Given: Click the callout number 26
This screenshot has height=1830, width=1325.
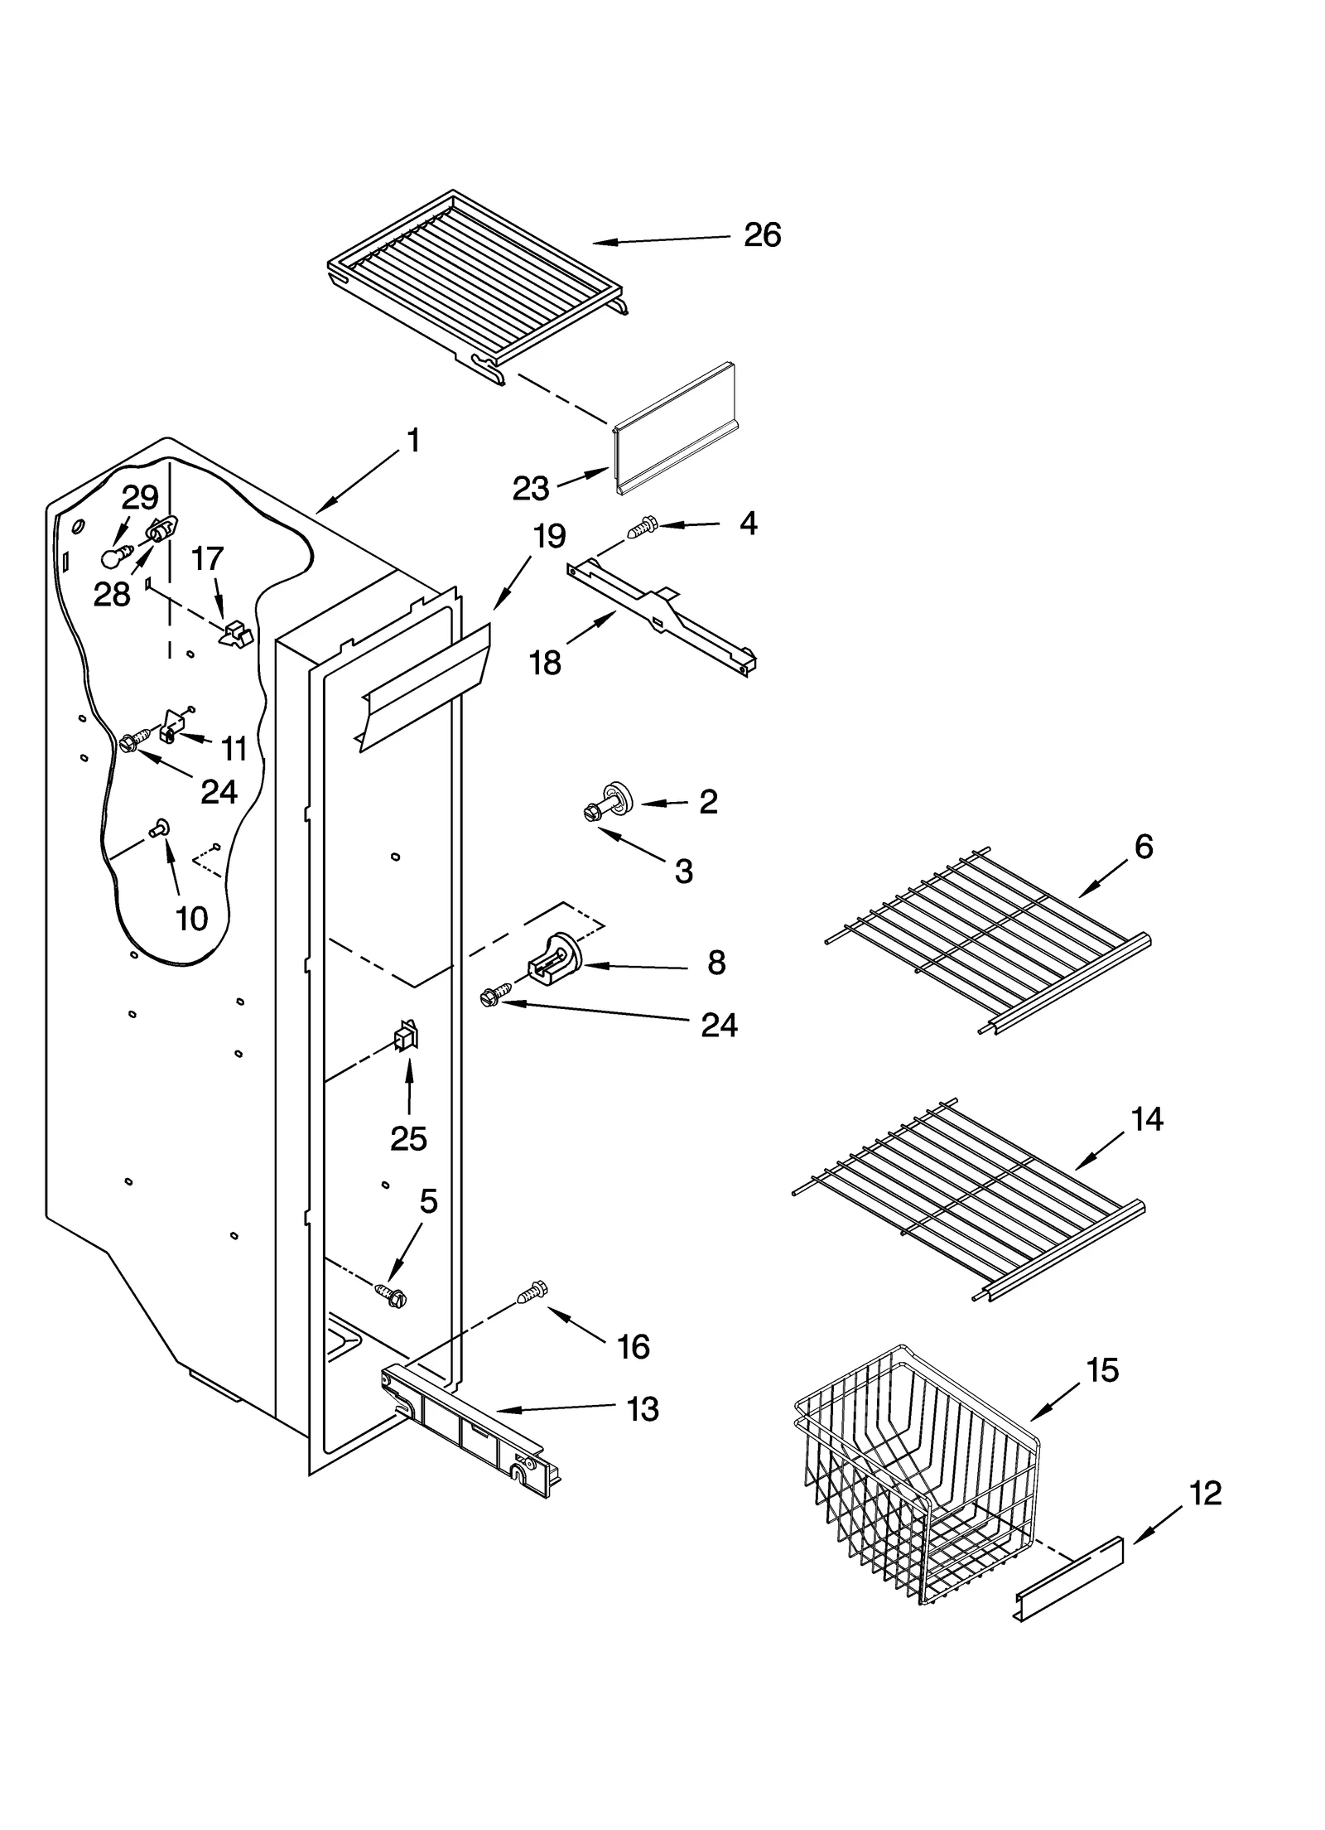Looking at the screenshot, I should [x=761, y=235].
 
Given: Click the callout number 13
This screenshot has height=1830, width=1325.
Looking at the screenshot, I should [x=642, y=1409].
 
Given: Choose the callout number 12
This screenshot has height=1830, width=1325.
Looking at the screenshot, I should [x=1204, y=1494].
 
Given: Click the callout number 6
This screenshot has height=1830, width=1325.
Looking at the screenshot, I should [x=1143, y=847].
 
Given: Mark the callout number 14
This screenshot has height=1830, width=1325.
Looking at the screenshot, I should [x=1146, y=1119].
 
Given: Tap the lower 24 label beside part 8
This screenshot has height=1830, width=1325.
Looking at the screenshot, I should [x=718, y=1026].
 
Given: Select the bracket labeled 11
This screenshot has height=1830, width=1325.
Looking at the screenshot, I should [x=171, y=723].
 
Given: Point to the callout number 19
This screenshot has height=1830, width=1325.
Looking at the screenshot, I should [x=548, y=536].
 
